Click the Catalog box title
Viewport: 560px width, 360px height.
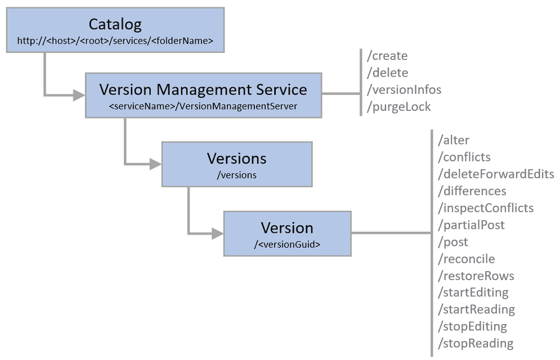(115, 24)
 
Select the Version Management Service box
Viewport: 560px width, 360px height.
(203, 95)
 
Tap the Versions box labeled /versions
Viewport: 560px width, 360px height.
(237, 164)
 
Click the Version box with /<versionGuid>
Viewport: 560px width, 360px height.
(287, 234)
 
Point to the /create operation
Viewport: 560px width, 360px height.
(387, 56)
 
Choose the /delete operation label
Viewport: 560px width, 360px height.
(387, 73)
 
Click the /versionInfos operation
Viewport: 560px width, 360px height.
(404, 89)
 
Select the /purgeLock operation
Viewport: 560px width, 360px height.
(398, 107)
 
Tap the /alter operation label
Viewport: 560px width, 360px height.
(453, 140)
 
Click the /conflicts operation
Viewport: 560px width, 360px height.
(464, 157)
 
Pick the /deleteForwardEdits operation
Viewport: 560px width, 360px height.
(495, 174)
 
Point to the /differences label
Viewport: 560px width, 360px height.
(472, 191)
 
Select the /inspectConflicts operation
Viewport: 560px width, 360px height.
(485, 208)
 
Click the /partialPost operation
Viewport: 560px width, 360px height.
(471, 225)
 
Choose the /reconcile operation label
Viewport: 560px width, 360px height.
(466, 259)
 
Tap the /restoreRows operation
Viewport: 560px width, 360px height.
(476, 276)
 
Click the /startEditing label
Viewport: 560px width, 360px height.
(473, 292)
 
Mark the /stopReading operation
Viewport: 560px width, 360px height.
(476, 343)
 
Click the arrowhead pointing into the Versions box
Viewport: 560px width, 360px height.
(155, 164)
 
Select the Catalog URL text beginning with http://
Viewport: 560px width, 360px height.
(115, 40)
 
